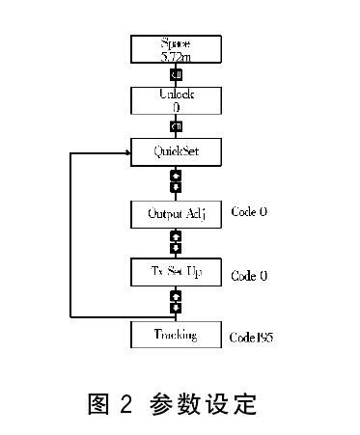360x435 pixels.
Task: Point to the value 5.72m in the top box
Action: coord(176,58)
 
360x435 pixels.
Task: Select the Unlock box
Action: coord(176,99)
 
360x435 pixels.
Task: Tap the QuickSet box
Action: coord(176,151)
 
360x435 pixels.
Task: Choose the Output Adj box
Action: coord(176,212)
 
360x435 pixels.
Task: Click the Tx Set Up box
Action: coord(176,273)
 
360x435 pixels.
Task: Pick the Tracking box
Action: coord(176,335)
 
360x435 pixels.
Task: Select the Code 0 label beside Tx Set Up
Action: coord(249,276)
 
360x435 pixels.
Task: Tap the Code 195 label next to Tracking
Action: coord(253,338)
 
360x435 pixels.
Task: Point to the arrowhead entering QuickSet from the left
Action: coord(126,151)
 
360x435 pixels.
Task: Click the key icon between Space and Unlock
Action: coord(176,74)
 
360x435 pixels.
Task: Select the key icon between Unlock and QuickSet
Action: coord(176,126)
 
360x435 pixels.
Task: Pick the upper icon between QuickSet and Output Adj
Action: coord(176,177)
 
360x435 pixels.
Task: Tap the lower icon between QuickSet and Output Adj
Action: coord(176,188)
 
